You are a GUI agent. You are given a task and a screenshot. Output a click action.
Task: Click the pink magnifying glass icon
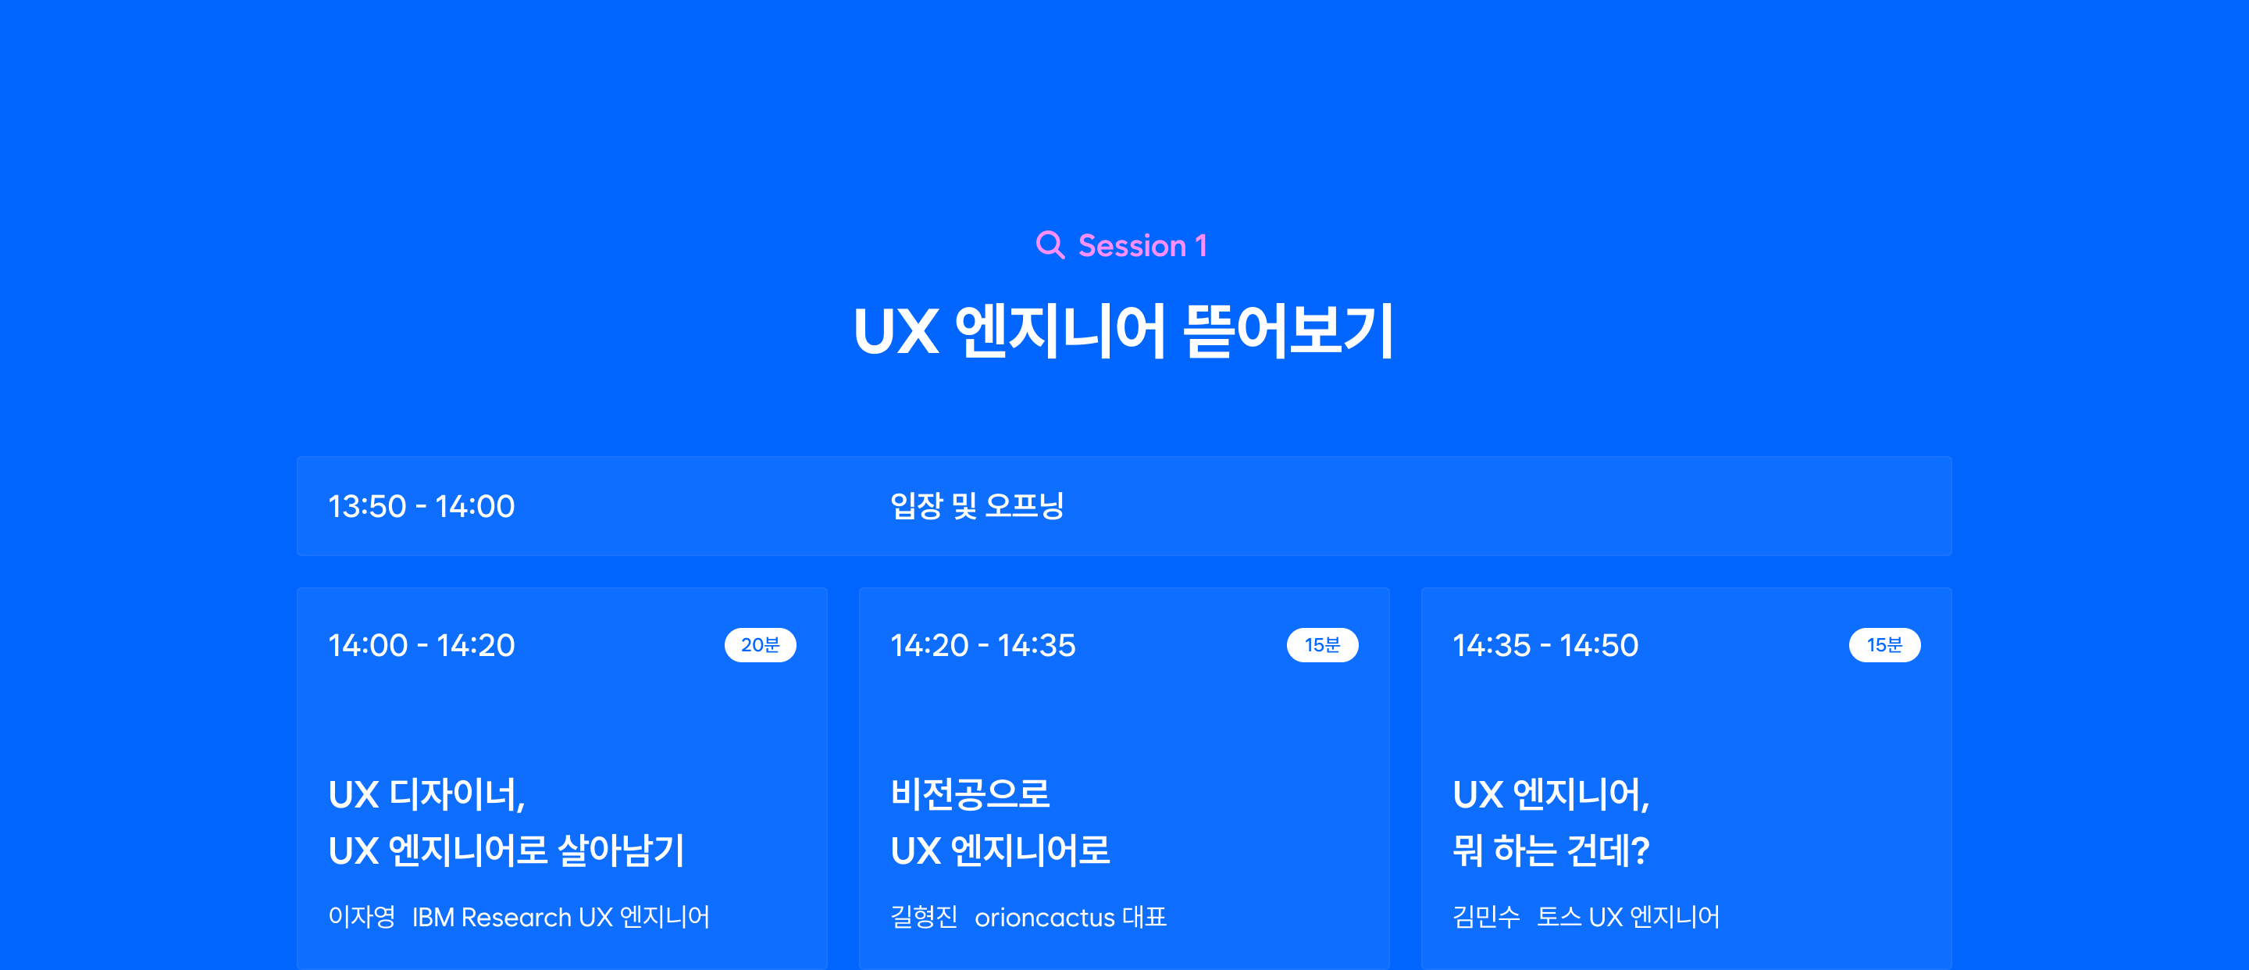tap(1050, 245)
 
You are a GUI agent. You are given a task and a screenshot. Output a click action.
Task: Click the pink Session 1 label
tap(1142, 246)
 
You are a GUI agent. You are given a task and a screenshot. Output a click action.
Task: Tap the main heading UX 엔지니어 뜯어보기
tap(1124, 332)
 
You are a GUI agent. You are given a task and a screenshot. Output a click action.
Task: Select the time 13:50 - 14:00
tap(422, 506)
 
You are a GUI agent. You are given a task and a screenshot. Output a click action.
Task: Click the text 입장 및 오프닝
tap(977, 505)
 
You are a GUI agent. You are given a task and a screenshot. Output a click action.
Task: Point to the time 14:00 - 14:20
tap(422, 645)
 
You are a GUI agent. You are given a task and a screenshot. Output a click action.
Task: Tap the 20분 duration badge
tap(761, 645)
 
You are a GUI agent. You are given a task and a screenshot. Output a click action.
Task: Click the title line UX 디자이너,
tap(427, 794)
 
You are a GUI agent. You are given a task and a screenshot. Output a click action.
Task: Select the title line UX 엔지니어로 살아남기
tap(506, 851)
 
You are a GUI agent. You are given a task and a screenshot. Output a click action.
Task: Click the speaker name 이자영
tap(362, 917)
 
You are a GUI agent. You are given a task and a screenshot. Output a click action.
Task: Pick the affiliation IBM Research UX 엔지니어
tap(561, 917)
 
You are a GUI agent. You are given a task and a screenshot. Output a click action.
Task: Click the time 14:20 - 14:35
tap(983, 645)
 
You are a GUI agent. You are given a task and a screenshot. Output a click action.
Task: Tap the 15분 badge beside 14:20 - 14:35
tap(1323, 645)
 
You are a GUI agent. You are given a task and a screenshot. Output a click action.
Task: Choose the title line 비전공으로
tap(970, 793)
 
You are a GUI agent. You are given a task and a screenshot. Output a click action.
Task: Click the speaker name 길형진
tap(924, 917)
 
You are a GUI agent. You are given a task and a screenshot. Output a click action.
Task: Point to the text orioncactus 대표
tap(1071, 917)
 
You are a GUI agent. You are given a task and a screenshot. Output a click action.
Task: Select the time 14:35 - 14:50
tap(1545, 645)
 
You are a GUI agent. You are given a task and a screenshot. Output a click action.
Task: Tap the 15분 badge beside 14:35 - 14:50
tap(1885, 645)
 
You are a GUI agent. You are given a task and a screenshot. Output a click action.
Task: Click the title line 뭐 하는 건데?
tap(1551, 851)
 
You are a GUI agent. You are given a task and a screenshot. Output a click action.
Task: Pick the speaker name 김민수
tap(1486, 917)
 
